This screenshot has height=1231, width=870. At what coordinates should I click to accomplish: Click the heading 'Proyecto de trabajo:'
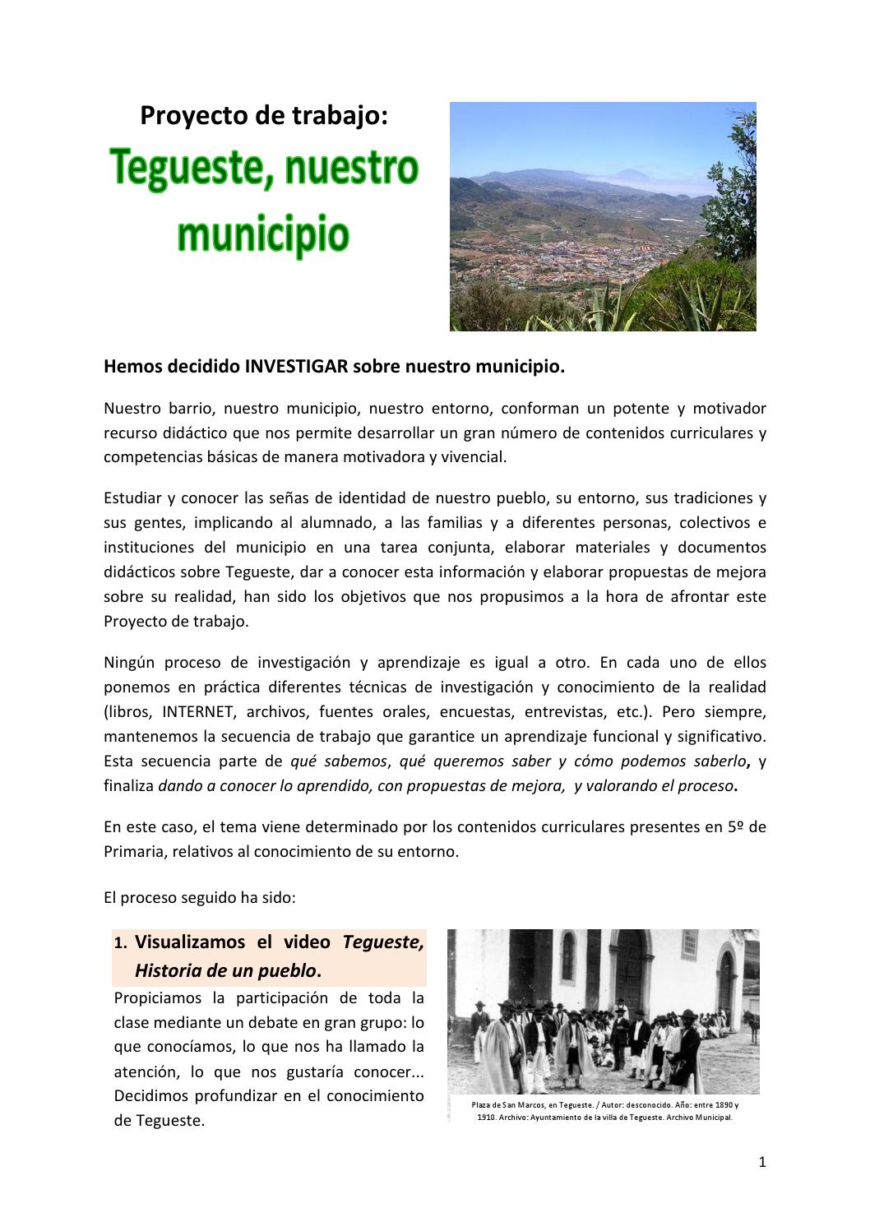(263, 116)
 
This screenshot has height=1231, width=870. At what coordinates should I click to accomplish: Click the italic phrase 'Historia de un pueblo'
(225, 970)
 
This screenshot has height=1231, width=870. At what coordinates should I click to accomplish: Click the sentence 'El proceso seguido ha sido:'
(200, 898)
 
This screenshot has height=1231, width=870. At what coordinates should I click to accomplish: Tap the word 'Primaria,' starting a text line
(134, 851)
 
